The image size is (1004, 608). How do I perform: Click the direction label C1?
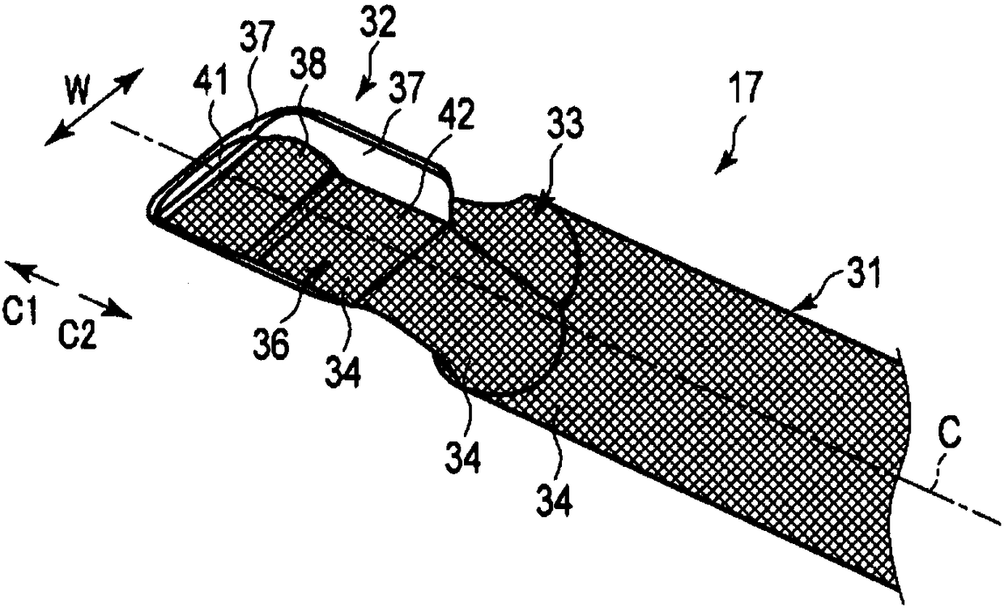pos(22,312)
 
